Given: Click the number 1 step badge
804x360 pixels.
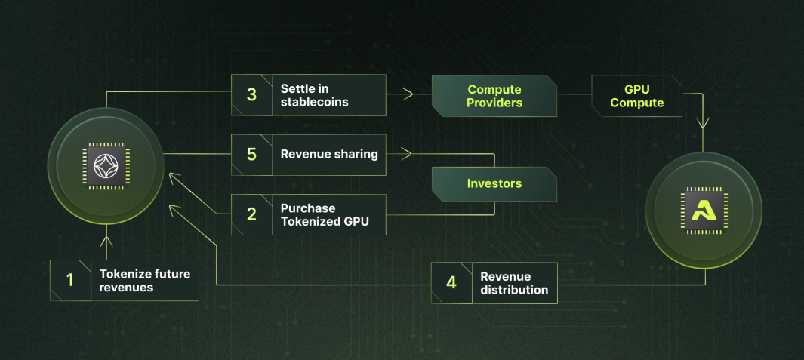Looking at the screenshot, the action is coord(71,280).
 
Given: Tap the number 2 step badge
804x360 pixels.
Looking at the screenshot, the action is coord(251,214).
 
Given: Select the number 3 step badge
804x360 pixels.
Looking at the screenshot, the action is coord(251,95).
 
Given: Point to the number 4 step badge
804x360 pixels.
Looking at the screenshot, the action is coord(451,282).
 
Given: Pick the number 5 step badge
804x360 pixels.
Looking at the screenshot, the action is coord(251,155).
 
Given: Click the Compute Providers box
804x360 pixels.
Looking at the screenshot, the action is coord(494,96).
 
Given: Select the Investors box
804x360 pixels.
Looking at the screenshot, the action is coord(494,183).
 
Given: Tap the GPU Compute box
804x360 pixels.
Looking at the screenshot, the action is coord(637,96).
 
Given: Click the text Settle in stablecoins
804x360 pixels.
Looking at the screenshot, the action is coord(314,95).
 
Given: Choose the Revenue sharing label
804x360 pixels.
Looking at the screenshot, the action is coord(329,155).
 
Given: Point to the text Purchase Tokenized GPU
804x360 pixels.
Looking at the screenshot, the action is coord(325,215).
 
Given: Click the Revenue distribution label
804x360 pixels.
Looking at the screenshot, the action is coord(514,283).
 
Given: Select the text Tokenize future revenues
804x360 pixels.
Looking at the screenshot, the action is coord(145,281).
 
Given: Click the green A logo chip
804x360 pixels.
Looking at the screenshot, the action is coord(704,211).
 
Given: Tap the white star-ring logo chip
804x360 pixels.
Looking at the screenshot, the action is coord(106,167).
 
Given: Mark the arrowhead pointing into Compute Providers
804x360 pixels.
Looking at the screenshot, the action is coord(408,94).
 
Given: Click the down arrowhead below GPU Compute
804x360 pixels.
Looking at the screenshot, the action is coord(703,122).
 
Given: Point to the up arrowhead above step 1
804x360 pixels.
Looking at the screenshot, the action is coord(106,241).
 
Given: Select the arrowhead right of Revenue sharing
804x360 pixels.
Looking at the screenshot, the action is coord(407,153).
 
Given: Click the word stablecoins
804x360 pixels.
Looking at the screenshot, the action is coord(314,102).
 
